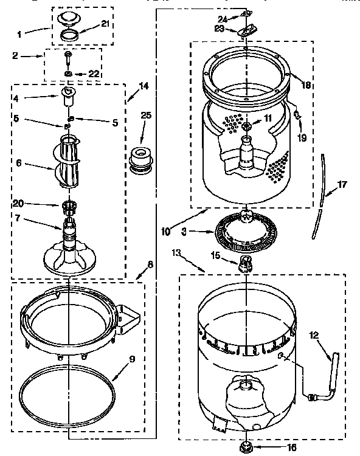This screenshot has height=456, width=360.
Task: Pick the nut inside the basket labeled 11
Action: tap(246, 126)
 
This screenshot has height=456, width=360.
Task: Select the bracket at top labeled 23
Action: tap(246, 30)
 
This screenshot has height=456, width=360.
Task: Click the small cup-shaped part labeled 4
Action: tap(69, 95)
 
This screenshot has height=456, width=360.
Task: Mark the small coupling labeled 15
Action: tap(246, 262)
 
